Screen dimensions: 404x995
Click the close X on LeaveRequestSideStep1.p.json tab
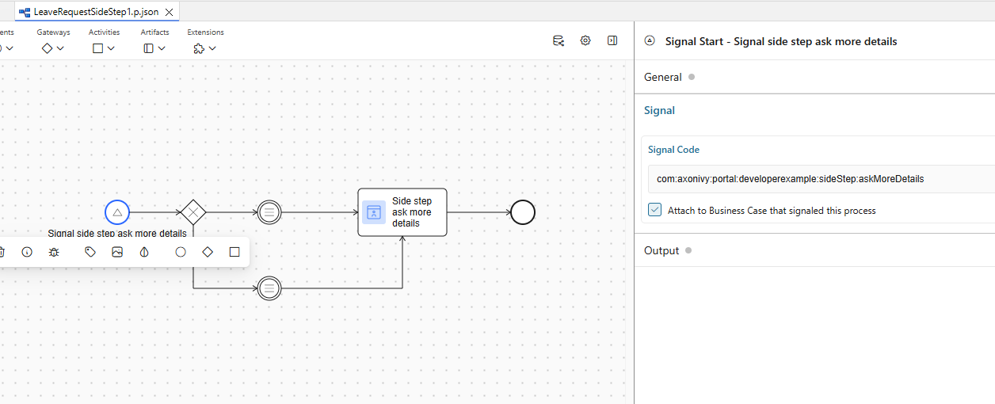click(x=169, y=13)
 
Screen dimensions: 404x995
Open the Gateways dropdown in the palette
click(x=53, y=48)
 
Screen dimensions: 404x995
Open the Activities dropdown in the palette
click(x=104, y=48)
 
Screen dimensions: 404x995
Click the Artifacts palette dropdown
click(x=154, y=48)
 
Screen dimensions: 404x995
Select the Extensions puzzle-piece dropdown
click(x=205, y=48)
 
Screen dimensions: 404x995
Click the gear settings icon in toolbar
click(x=585, y=40)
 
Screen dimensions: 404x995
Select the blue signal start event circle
click(x=117, y=212)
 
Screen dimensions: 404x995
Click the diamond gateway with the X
click(x=193, y=212)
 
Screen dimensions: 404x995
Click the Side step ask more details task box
click(x=402, y=212)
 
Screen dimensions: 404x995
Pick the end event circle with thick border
click(x=523, y=212)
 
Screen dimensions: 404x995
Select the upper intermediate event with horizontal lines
click(x=269, y=212)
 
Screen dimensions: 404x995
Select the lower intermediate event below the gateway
click(x=269, y=288)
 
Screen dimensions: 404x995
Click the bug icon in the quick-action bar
click(x=54, y=252)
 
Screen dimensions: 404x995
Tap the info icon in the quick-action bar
click(x=27, y=252)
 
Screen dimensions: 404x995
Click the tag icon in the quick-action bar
click(x=90, y=252)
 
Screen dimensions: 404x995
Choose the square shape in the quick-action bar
click(x=234, y=252)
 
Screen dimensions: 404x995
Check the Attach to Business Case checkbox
click(x=655, y=210)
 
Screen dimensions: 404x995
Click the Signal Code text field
click(x=816, y=179)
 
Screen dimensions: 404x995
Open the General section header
click(x=663, y=77)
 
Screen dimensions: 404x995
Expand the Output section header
click(x=661, y=250)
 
